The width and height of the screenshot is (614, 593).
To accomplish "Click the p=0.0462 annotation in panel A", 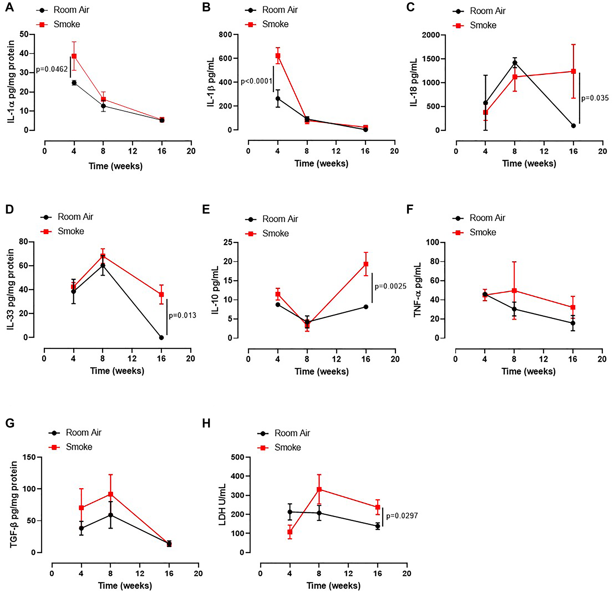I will [x=52, y=69].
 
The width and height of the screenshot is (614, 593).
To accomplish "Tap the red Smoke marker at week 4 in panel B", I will [x=278, y=56].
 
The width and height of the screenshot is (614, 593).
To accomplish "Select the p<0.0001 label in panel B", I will [x=256, y=82].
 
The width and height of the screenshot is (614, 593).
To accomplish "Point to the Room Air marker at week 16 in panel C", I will [x=573, y=126].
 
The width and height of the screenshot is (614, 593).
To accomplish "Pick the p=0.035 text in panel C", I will [x=595, y=98].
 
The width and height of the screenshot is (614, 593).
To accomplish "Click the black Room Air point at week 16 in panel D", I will [x=161, y=337].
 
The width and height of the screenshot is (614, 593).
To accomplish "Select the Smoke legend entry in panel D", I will [x=71, y=231].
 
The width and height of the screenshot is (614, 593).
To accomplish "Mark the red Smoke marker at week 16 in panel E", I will [x=366, y=264].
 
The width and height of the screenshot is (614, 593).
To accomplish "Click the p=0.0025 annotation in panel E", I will [x=390, y=286].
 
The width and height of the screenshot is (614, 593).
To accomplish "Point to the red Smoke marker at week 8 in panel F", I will [x=514, y=290].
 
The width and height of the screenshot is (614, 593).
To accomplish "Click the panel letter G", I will [x=10, y=423].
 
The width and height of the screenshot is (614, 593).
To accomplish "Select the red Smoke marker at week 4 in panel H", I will [x=290, y=532].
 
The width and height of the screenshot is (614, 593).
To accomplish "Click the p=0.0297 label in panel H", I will [x=402, y=516].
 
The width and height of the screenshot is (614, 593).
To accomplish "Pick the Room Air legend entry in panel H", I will [x=292, y=433].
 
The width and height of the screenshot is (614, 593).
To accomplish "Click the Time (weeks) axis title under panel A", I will [x=115, y=166].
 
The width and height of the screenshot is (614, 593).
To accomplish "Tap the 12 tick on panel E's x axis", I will [x=336, y=359].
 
